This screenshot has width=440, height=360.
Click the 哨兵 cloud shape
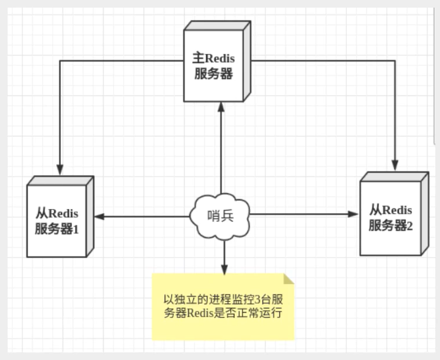[220, 215]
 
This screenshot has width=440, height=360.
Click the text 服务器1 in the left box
[56, 228]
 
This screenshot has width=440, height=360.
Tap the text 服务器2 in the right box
[391, 225]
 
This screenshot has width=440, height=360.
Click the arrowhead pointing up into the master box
[221, 105]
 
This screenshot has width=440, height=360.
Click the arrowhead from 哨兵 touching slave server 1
[100, 217]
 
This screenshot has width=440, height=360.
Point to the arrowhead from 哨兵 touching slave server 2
[353, 215]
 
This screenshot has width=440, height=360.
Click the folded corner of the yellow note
[288, 279]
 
